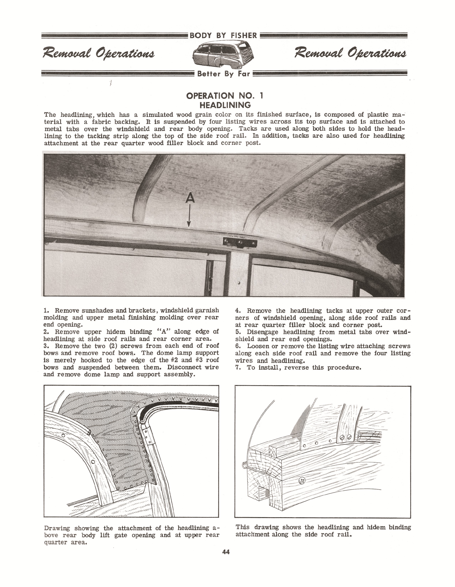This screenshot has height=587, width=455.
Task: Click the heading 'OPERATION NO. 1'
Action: coord(225,96)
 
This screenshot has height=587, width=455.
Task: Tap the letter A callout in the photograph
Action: coord(190,198)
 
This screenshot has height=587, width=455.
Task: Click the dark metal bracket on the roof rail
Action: coord(240,243)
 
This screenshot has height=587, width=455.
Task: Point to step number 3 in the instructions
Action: coord(45,346)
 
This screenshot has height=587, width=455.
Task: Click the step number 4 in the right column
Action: coord(237,311)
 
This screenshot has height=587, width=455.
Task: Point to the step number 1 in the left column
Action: coord(45,311)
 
